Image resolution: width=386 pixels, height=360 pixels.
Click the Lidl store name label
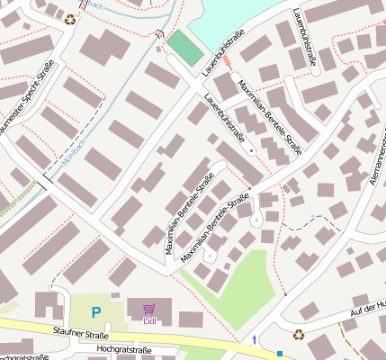coord(148,320)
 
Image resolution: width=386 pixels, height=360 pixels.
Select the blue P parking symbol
coord(96,312)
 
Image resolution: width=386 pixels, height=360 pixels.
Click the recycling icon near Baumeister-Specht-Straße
coord(70,17)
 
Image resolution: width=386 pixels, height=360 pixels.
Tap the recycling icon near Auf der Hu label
coord(299,334)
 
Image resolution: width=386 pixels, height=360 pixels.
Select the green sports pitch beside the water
coord(185,47)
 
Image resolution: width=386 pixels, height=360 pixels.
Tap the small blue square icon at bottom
coord(280,353)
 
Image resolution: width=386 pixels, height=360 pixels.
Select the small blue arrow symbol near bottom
coord(255,340)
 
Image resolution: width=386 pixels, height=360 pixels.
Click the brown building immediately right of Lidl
coord(191,319)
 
